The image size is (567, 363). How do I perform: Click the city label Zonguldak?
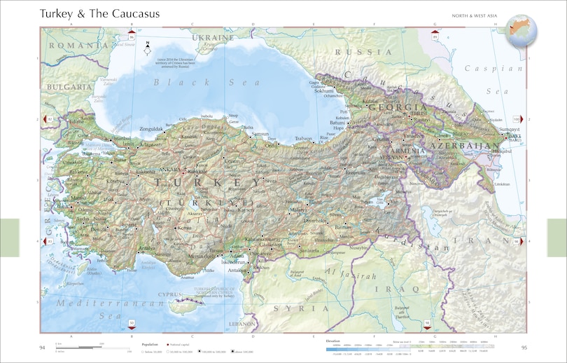[x=151, y=129]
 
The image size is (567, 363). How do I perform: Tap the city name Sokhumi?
[x=323, y=90]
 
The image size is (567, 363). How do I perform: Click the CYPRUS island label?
[x=170, y=294]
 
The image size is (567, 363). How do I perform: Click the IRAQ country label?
[x=387, y=288]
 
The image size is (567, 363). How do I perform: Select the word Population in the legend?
[x=150, y=344]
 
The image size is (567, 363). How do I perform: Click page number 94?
[x=42, y=348]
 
